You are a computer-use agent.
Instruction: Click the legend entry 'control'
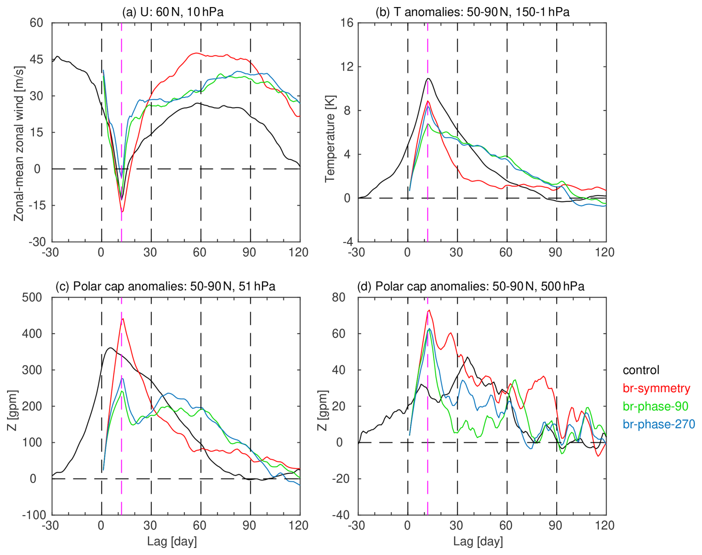tap(641, 370)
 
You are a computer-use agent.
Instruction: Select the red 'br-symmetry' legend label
tap(656, 388)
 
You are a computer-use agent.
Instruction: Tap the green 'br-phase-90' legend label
tap(655, 406)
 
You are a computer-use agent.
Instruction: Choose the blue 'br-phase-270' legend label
tap(659, 424)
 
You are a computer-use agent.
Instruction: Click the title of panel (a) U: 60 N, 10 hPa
tap(173, 12)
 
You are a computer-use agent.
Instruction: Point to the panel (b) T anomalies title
tap(472, 12)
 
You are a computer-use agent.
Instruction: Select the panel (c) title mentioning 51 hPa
tap(165, 286)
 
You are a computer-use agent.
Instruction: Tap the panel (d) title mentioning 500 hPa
tap(470, 286)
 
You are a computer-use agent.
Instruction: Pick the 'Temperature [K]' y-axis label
tap(329, 139)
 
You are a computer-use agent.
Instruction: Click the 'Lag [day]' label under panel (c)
tap(172, 541)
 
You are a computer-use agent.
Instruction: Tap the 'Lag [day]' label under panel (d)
tap(478, 541)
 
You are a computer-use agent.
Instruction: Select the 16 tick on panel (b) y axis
tap(347, 23)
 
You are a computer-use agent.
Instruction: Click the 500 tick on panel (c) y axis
tap(33, 297)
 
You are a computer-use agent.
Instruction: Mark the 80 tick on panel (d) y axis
tap(339, 297)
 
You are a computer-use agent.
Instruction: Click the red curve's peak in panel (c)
tap(123, 318)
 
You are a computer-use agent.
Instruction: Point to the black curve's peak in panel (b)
tap(428, 78)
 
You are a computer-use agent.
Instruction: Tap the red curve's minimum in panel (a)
tap(122, 212)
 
